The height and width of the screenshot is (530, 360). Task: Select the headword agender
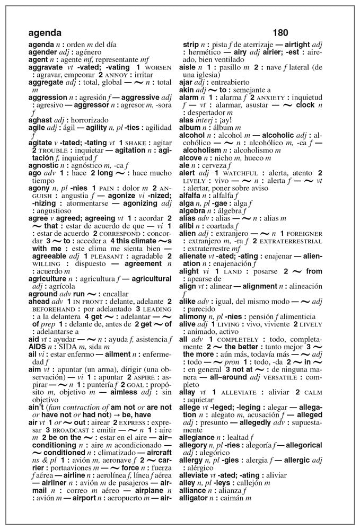click(42, 52)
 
